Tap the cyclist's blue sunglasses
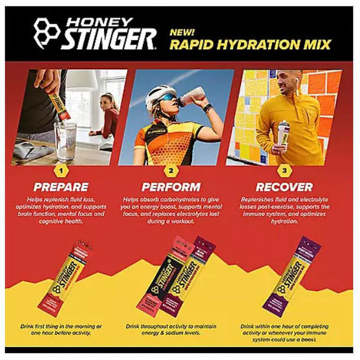pos(166,100)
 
